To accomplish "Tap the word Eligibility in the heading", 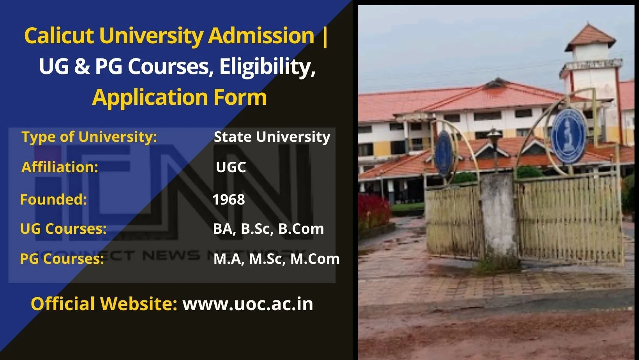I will [x=267, y=67].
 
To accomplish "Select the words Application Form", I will [x=179, y=97].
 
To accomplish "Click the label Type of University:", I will [x=89, y=137].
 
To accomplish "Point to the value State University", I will [x=272, y=137].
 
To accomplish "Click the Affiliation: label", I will [x=60, y=167].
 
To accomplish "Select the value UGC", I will [x=231, y=167].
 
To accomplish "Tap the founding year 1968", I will [x=229, y=199].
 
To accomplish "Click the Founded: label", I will [x=53, y=199].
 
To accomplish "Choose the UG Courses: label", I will [x=63, y=229].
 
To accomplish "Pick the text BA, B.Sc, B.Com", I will [x=268, y=229].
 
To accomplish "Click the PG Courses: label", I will [x=62, y=259].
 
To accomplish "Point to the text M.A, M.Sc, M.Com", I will [x=276, y=259].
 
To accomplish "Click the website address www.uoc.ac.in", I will [x=248, y=304].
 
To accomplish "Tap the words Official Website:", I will [x=104, y=304].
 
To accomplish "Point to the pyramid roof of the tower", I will [x=590, y=37].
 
